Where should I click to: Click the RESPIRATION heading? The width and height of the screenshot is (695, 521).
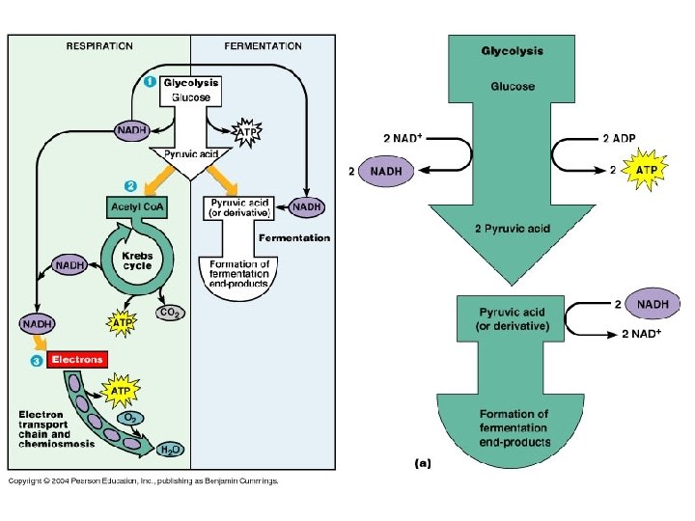pos(99,45)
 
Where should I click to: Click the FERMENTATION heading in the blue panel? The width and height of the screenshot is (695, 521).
pos(263,45)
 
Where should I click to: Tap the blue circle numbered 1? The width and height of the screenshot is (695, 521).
pos(150,82)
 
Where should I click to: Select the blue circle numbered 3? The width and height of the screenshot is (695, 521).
pos(36,360)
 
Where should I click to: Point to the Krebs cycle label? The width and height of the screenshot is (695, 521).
pos(137,261)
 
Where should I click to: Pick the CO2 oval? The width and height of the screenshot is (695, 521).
pos(171,313)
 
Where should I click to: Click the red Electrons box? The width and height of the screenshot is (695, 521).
pos(76,360)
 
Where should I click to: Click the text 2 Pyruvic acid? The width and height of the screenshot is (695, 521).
pos(512,228)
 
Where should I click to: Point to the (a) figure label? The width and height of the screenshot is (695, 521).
pos(423,462)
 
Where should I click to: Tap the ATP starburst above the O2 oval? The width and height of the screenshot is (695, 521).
pos(121,391)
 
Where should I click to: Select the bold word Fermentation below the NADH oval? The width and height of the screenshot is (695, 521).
pos(293,237)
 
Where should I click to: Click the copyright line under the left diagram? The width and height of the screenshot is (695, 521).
pos(143,480)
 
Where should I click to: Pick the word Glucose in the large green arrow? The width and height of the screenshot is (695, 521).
pos(512,86)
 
